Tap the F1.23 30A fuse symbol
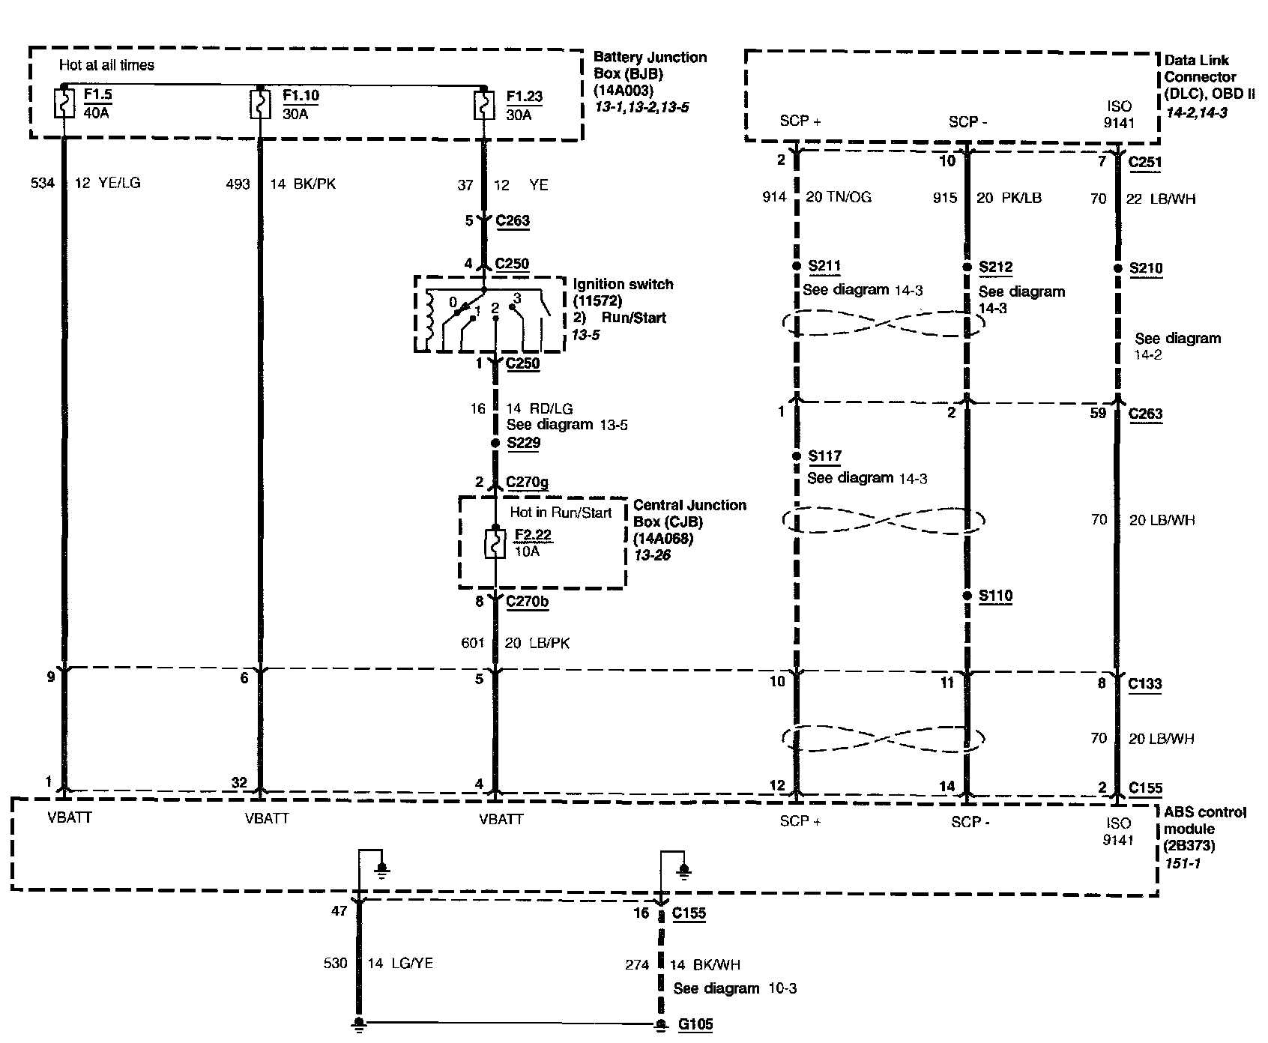pos(484,104)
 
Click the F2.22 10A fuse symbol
pos(495,543)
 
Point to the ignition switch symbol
pos(490,314)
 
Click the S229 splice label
pos(523,443)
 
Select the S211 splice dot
pos(797,266)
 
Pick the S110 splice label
pos(995,596)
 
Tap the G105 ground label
pos(694,1024)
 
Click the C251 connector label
pos(1144,162)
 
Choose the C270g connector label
pos(528,483)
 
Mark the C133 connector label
pos(1144,683)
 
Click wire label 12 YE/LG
pos(107,183)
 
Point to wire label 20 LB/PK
pos(537,643)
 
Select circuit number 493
pos(238,184)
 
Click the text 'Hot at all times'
pos(106,65)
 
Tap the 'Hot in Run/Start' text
pos(561,513)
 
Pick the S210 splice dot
pos(1117,267)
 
